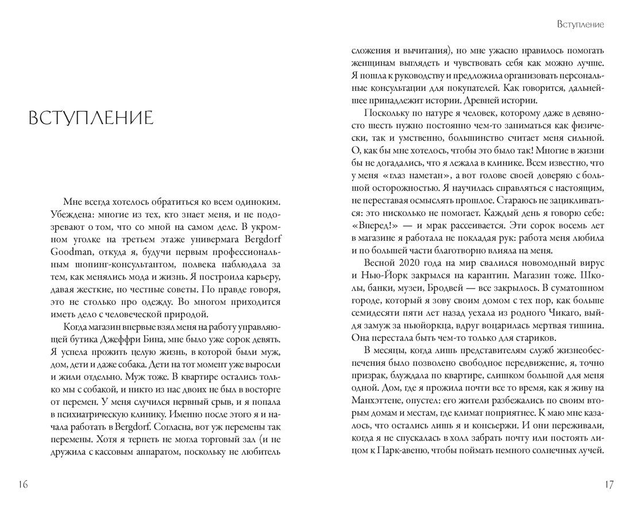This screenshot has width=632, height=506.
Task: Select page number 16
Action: [x=22, y=484]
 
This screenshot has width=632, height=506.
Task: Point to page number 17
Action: [x=609, y=484]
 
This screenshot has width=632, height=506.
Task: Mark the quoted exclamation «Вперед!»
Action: [x=374, y=225]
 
